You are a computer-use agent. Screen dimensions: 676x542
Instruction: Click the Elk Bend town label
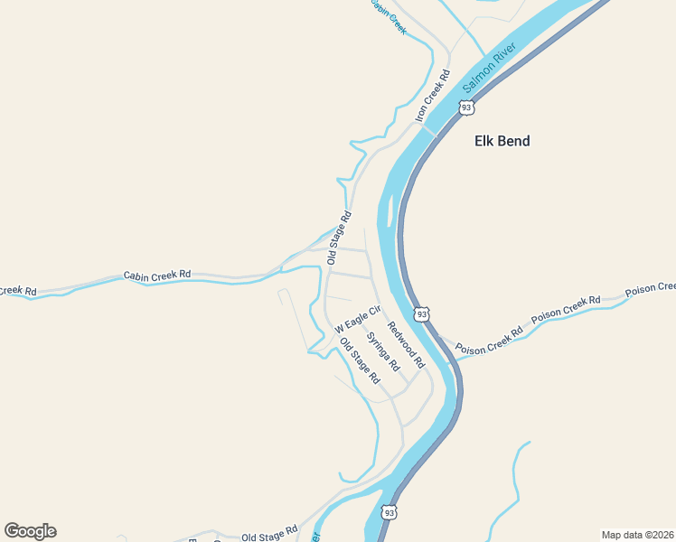[502, 141]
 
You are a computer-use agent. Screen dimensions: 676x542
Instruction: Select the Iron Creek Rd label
[432, 98]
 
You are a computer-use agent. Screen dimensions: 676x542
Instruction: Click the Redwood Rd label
[406, 344]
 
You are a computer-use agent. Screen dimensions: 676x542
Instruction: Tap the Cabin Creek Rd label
[157, 274]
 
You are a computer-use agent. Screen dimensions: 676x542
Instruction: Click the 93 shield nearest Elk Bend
[466, 107]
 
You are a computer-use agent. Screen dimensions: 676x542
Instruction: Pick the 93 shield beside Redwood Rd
[421, 314]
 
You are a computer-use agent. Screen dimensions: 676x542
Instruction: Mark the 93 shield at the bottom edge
[389, 512]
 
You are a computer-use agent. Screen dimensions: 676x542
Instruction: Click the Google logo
[30, 531]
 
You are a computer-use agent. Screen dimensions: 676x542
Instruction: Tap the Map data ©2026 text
[637, 535]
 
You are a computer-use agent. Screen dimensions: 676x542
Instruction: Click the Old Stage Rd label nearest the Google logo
[269, 535]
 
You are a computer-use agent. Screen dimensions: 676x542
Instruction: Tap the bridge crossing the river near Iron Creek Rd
[430, 131]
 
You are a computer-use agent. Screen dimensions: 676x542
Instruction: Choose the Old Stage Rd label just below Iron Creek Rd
[339, 238]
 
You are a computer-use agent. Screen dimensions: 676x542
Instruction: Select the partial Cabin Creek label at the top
[389, 16]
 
